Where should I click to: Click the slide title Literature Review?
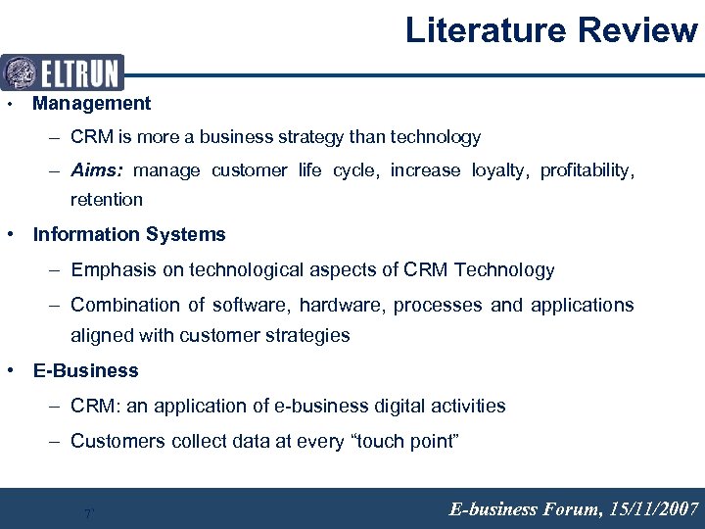[551, 30]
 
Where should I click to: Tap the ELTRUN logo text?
[79, 73]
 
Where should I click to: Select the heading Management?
[92, 103]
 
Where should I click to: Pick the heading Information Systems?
[129, 234]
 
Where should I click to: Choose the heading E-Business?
[86, 370]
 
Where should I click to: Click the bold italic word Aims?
[97, 170]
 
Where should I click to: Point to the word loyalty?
[498, 170]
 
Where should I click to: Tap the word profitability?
[586, 170]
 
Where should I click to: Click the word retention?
[107, 200]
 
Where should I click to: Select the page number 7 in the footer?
[88, 513]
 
